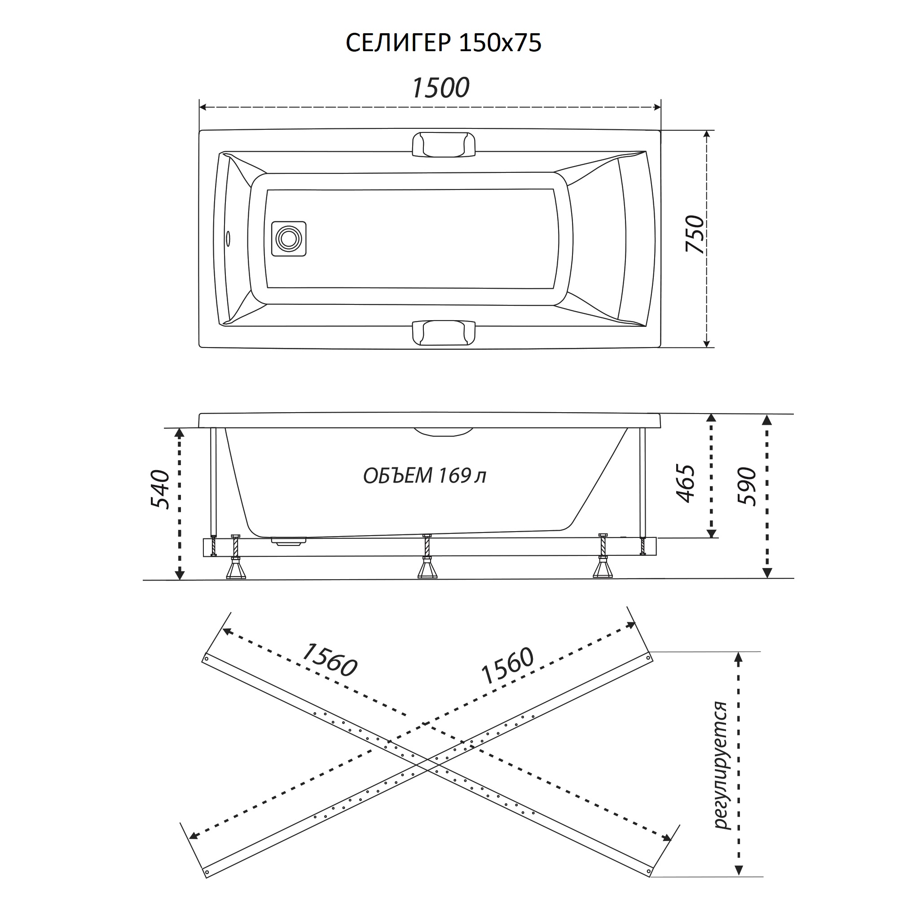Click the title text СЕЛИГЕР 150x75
coord(444,43)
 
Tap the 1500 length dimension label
coord(440,88)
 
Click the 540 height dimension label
coord(160,489)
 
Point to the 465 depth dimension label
coord(686,483)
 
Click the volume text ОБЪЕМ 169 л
coord(424,475)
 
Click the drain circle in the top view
coord(289,238)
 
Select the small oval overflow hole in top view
coord(228,238)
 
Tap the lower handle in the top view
coord(444,333)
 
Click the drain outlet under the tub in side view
coord(289,541)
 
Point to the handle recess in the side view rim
coord(443,432)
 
